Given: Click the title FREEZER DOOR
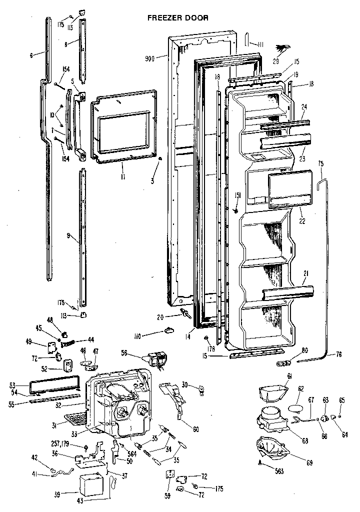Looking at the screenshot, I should pos(177,17).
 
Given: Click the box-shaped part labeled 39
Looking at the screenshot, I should pos(92,485).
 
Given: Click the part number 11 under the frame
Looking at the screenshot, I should pos(122,176).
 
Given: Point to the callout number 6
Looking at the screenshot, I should pos(31,55).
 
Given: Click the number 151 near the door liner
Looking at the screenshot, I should pos(237,195).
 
